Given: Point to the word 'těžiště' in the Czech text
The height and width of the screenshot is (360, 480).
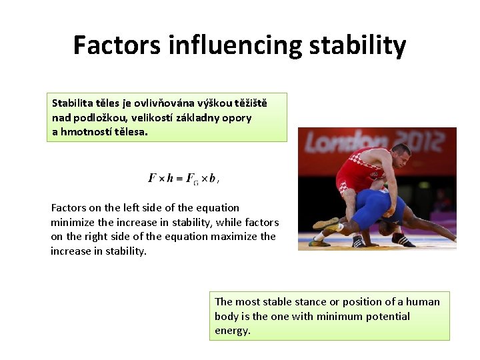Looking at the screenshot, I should tap(249, 103).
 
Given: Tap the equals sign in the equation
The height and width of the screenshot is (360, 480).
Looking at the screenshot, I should tap(179, 178).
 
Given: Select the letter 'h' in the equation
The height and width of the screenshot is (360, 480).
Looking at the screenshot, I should tap(170, 178).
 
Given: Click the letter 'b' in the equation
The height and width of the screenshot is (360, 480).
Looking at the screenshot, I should tap(212, 178).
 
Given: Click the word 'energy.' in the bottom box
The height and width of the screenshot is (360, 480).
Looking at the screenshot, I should tap(233, 331).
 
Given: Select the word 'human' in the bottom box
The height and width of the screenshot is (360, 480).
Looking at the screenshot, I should tap(425, 301).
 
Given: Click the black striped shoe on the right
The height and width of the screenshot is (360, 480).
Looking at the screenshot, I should tap(403, 239).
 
